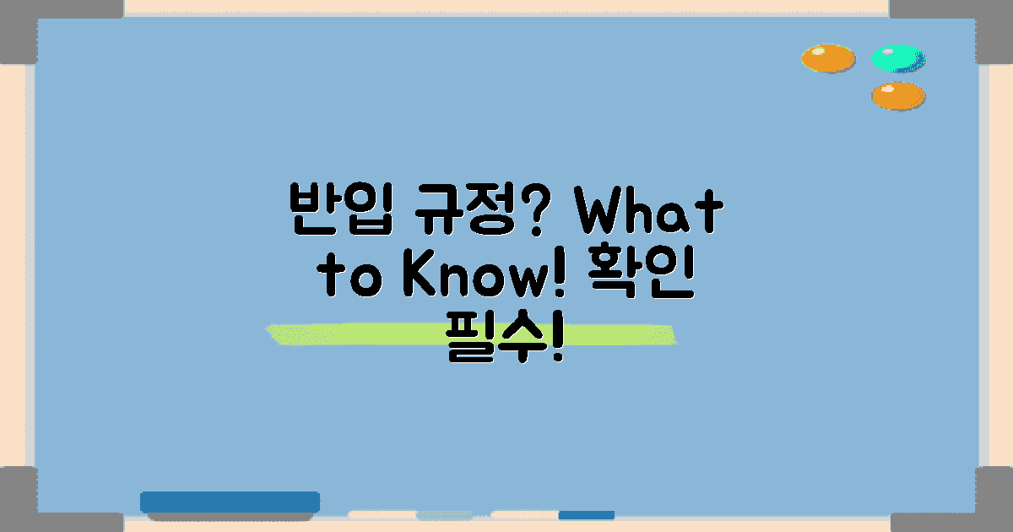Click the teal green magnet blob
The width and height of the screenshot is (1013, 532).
click(x=897, y=58)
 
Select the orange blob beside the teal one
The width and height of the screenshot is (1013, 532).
click(x=827, y=58)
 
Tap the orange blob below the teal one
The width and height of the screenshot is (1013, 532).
click(x=897, y=95)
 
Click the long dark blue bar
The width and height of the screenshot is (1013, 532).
click(x=230, y=502)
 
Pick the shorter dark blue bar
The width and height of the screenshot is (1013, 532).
click(x=586, y=514)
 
